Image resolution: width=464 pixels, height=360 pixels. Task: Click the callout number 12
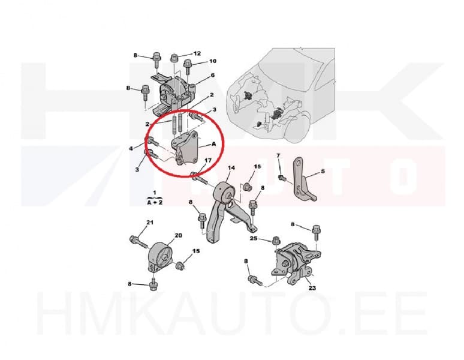pyautogui.click(x=197, y=53)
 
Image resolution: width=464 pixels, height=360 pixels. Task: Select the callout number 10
pyautogui.click(x=212, y=61)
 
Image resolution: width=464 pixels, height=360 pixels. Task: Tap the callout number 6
pyautogui.click(x=212, y=75)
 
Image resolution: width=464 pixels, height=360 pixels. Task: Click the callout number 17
pyautogui.click(x=207, y=160)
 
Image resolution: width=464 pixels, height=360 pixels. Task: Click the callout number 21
pyautogui.click(x=150, y=223)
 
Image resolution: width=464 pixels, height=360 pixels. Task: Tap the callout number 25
pyautogui.click(x=254, y=239)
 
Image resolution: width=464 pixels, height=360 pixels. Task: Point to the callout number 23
pyautogui.click(x=312, y=288)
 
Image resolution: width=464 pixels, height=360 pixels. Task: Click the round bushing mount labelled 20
pyautogui.click(x=159, y=256)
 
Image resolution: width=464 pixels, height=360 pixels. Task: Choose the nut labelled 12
pyautogui.click(x=174, y=58)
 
